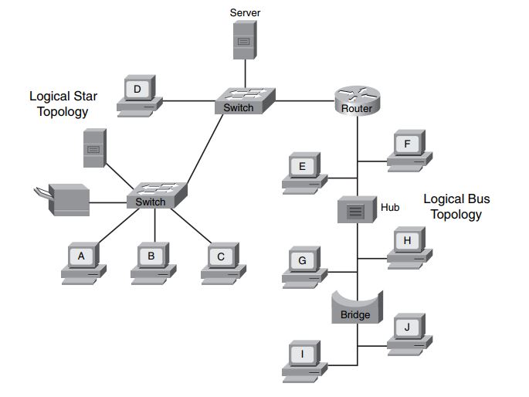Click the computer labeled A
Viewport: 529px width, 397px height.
(83, 260)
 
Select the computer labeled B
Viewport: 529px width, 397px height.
(152, 260)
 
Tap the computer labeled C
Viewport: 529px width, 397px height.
(222, 260)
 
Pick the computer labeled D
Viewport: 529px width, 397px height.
(139, 95)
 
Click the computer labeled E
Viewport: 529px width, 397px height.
(303, 171)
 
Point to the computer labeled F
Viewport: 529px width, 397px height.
(409, 149)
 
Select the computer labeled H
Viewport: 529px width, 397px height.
(409, 246)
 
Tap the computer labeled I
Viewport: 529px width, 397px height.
(303, 359)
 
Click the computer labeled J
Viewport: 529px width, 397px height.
(409, 332)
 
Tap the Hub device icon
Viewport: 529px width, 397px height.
(356, 209)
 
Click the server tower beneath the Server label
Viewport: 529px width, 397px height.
(243, 40)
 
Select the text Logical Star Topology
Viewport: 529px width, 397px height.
(58, 104)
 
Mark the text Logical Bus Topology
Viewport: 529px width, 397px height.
(456, 206)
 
